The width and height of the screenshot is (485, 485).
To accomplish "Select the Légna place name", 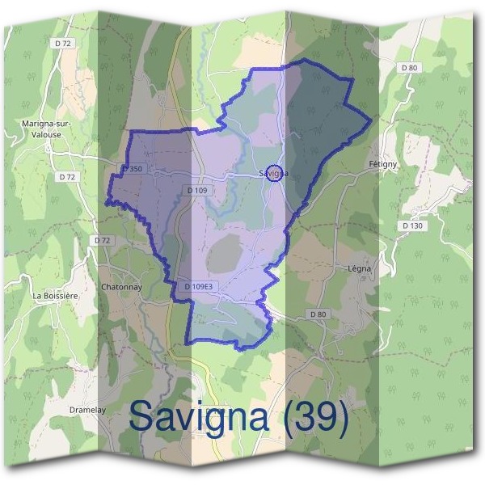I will coord(360,268).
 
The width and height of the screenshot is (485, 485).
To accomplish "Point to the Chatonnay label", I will coord(123,286).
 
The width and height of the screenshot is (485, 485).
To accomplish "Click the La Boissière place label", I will coord(55,296).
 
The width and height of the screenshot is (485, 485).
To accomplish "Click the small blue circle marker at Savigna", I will coord(275,173).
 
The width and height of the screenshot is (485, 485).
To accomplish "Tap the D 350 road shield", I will coord(132,169).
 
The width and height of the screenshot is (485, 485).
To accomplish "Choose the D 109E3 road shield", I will coord(198,287).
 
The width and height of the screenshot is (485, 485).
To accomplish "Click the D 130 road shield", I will coord(412,226).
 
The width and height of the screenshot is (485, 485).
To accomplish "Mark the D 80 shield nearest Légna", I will coord(316,313).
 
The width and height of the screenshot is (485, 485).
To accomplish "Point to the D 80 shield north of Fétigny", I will coord(409,68).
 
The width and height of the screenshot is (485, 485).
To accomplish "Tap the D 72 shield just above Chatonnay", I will coord(102,240).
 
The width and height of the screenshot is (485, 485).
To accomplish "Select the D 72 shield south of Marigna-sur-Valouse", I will coord(67,175).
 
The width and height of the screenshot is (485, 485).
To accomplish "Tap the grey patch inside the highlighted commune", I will coord(225,255).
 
